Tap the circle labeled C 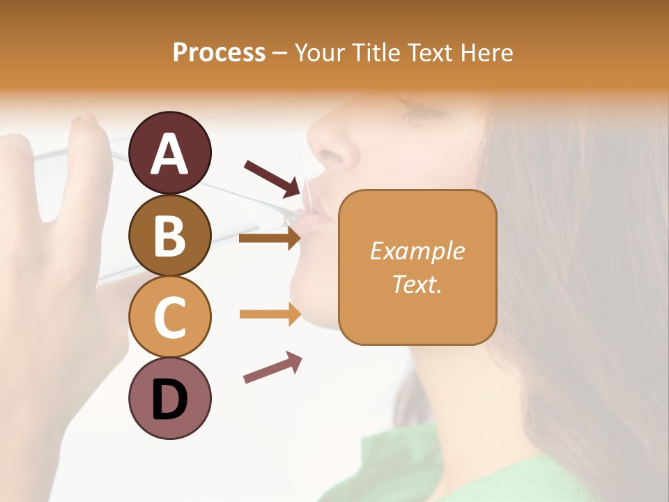click(x=169, y=316)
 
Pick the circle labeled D click(x=169, y=398)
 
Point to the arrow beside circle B click(x=269, y=238)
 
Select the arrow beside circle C click(x=269, y=314)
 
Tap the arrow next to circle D click(x=272, y=367)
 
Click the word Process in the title click(x=219, y=52)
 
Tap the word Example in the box click(x=417, y=251)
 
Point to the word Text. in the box click(x=417, y=284)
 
